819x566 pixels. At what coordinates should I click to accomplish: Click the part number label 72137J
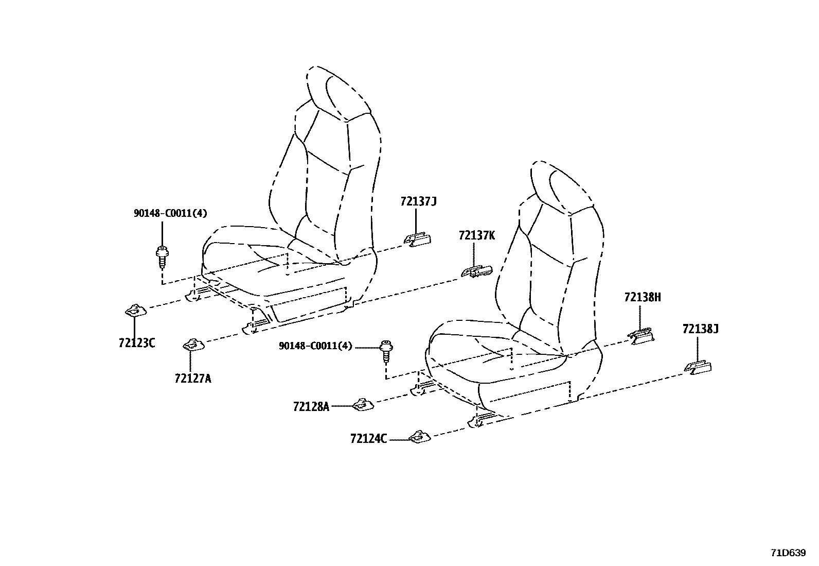(418, 201)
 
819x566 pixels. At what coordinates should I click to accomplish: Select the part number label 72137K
(477, 235)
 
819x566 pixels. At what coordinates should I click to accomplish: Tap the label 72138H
(643, 297)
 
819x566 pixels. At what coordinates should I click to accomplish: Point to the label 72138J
(700, 329)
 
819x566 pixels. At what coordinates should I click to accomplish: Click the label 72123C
(137, 343)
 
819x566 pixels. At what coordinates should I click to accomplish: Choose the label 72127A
(193, 378)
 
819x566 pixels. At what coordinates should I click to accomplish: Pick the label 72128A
(311, 406)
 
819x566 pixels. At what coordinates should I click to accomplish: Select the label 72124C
(368, 438)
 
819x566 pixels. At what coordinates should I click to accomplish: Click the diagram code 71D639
(788, 553)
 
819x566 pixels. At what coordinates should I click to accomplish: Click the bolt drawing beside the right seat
(386, 351)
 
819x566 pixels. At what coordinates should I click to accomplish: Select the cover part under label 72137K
(476, 271)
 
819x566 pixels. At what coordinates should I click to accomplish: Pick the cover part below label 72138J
(698, 368)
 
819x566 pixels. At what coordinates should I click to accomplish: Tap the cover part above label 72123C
(136, 311)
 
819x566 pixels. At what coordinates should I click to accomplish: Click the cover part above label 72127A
(193, 345)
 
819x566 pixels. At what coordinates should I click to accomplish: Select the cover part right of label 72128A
(363, 405)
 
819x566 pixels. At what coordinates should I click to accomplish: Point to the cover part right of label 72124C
(419, 437)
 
